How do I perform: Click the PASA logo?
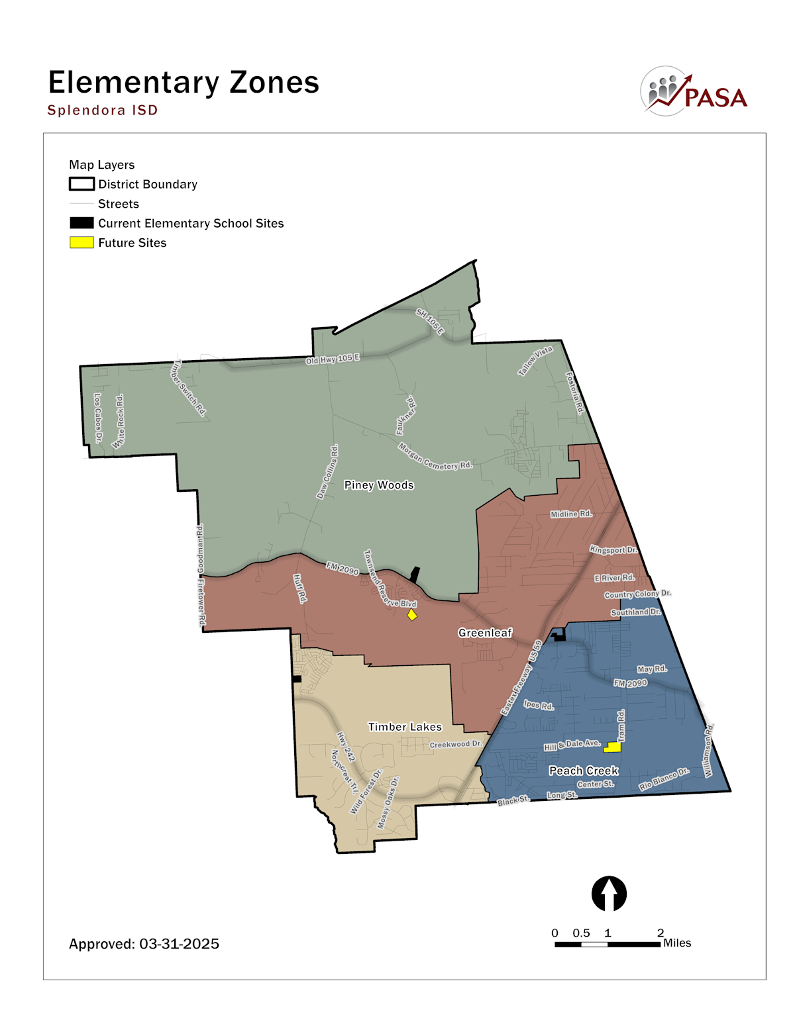694,92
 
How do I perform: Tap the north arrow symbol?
609,894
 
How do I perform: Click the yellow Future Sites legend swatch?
81,243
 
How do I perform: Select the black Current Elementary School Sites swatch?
81,223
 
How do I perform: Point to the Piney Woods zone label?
379,485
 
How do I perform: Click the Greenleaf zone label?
485,633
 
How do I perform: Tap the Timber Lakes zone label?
405,727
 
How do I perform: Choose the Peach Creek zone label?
584,771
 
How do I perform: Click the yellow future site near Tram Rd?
612,747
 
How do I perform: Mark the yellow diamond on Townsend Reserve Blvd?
412,615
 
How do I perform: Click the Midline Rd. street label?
571,514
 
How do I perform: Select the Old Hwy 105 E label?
333,359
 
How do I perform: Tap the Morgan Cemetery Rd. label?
435,457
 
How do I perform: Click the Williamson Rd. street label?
708,751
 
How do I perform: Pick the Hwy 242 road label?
346,747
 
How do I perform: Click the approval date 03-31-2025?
179,944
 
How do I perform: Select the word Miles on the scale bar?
677,943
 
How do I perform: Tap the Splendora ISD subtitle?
103,110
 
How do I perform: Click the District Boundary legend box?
81,184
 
